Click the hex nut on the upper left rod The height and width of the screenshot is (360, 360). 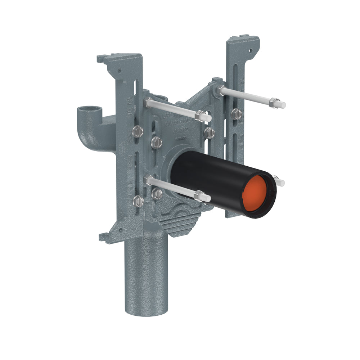(199, 116)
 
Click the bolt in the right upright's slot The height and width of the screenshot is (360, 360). (237, 114)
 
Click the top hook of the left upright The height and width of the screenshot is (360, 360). (103, 58)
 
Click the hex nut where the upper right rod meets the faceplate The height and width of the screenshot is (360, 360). (221, 90)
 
